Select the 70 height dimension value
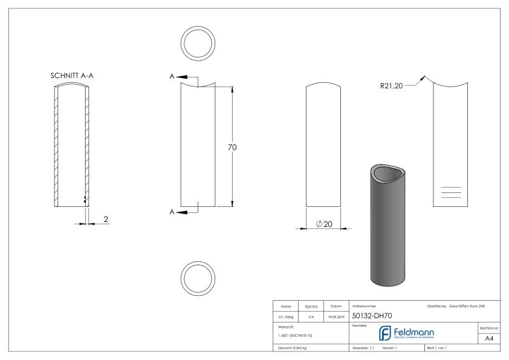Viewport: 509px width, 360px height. tap(232, 147)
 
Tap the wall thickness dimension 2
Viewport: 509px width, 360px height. tap(106, 219)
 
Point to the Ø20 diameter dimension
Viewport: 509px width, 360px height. tap(326, 224)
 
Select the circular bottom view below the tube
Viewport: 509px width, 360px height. tap(199, 278)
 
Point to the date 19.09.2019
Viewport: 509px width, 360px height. tap(336, 316)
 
